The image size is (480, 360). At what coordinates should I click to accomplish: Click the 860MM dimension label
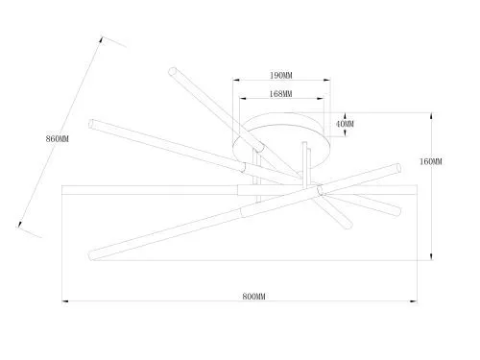58,139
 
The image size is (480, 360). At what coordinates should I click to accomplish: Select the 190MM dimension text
281,76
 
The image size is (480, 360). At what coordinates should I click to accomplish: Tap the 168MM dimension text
280,94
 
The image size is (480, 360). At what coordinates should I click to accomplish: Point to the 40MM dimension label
345,124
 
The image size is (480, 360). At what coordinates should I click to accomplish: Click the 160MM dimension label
431,161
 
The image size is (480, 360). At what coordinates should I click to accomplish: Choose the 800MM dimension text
253,297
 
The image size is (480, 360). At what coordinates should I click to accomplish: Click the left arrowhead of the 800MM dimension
65,301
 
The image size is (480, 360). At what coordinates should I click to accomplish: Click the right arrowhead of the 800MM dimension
414,301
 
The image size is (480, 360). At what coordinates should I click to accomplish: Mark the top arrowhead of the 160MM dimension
431,116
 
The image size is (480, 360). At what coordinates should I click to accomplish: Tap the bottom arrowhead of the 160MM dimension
431,256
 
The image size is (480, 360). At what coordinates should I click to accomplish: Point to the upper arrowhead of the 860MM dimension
101,40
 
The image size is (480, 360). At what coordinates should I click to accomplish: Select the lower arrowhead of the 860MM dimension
20,224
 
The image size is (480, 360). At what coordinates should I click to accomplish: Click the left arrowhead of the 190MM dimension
236,81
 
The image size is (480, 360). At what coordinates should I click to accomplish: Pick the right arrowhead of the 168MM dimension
321,99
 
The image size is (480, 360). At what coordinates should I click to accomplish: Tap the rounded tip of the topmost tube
173,71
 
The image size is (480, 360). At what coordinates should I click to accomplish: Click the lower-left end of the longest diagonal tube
91,255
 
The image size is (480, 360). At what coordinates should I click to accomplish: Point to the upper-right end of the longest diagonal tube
397,168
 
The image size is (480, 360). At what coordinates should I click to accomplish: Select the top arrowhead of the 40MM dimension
345,116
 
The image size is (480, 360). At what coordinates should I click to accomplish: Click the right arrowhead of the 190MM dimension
326,81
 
